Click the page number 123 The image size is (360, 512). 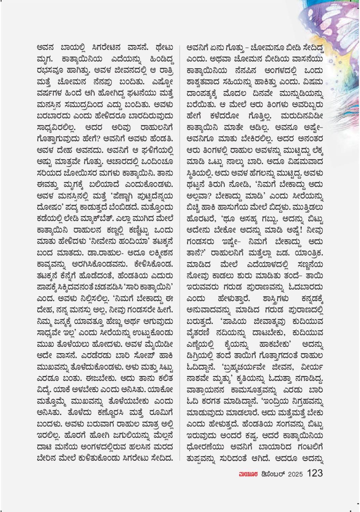(315, 473)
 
